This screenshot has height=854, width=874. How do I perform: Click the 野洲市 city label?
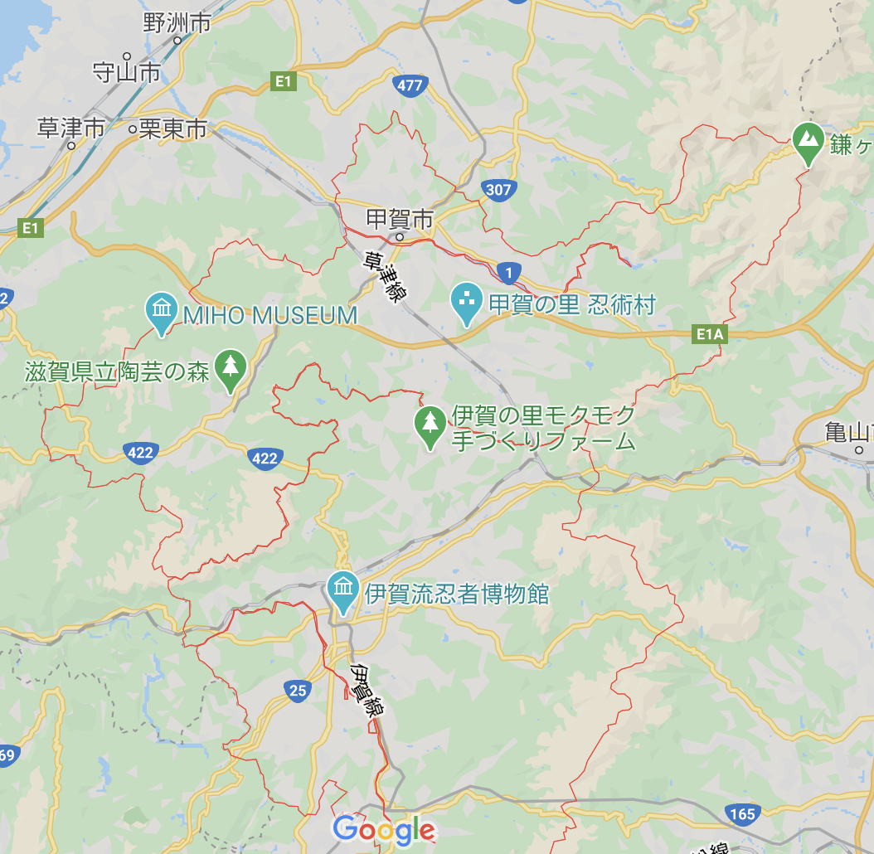click(x=177, y=22)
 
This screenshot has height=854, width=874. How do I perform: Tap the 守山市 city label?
click(x=126, y=73)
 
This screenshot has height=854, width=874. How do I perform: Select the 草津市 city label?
click(x=71, y=128)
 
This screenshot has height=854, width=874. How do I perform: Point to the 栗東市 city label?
click(x=172, y=129)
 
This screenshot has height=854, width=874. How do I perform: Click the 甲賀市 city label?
click(x=400, y=220)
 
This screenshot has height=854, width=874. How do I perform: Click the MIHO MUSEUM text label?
click(x=270, y=315)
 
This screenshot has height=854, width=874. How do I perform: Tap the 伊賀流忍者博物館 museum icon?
click(x=342, y=590)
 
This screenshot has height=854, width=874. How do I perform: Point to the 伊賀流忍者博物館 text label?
click(x=457, y=594)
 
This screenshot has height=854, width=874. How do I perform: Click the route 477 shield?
click(x=410, y=85)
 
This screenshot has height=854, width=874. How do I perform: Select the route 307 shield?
click(x=498, y=190)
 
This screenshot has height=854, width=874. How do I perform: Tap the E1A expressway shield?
click(x=711, y=334)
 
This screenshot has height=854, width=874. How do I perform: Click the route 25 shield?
click(x=298, y=690)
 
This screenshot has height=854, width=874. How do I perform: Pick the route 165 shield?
click(x=741, y=814)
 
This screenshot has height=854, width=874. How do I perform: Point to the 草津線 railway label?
click(x=382, y=277)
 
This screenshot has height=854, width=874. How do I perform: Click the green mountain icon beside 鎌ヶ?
click(x=808, y=140)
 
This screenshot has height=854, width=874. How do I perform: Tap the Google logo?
click(x=384, y=829)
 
